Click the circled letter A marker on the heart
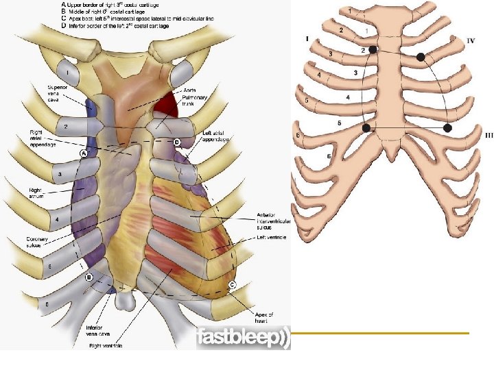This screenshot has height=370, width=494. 83,153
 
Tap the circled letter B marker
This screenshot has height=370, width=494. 89,277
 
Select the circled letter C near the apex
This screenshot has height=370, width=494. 233,284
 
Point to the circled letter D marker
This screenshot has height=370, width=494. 176,142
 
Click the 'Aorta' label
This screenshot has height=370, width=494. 191,90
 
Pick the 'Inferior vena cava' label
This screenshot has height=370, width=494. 95,332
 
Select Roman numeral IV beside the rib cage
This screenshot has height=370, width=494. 471,41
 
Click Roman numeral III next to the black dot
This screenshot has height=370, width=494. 470,136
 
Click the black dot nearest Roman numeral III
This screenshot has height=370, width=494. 448,128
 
